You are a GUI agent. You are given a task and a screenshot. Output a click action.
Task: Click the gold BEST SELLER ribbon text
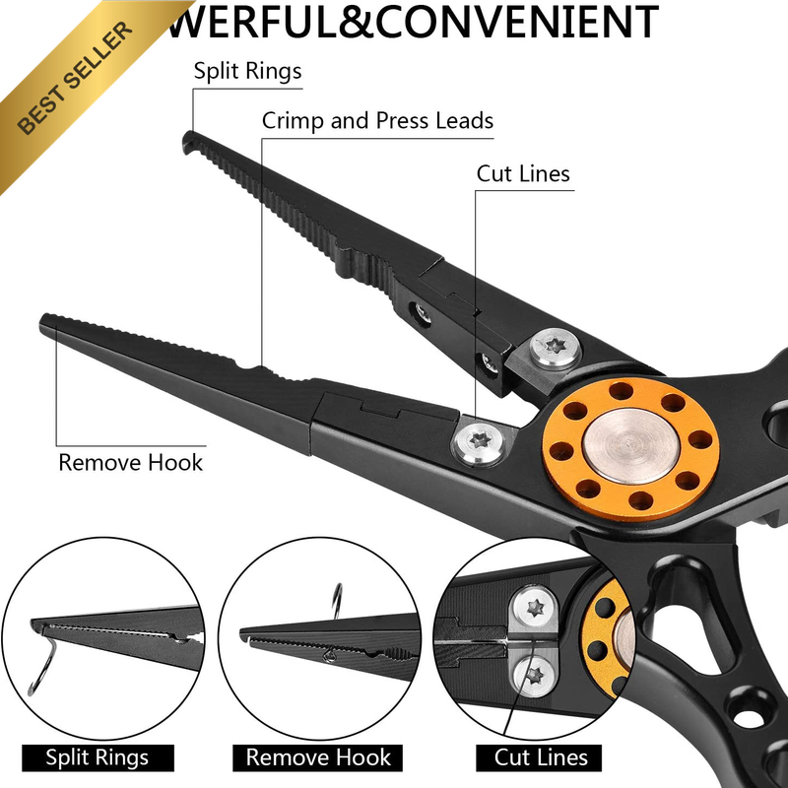[x=76, y=78]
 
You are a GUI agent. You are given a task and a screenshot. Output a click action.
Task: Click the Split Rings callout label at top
[x=248, y=71]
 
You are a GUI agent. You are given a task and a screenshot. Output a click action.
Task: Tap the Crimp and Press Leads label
[x=377, y=121]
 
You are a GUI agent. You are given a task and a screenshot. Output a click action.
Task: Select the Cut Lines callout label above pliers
[x=523, y=174]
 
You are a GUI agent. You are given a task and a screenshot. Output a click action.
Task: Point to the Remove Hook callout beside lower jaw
[x=131, y=462]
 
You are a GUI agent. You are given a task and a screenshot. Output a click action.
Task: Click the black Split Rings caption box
[x=98, y=757]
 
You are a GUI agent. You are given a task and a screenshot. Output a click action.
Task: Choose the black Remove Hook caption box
[x=317, y=757]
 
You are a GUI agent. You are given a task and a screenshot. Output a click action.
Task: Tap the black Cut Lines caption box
[x=539, y=757]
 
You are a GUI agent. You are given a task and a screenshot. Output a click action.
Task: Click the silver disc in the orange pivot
[x=631, y=446]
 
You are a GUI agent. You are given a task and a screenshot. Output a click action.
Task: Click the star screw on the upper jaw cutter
[x=556, y=347]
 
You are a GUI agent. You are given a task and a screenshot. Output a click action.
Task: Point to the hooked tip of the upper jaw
[x=188, y=142]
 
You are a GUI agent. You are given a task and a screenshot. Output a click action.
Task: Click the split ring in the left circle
[x=42, y=664]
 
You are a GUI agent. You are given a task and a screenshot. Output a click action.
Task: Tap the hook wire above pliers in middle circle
[x=338, y=601]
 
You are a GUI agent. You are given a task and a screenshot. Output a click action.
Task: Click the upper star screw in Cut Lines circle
[x=535, y=608]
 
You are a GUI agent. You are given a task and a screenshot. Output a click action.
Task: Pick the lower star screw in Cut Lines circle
[x=535, y=676]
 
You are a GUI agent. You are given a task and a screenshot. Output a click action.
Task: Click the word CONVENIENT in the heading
[x=517, y=21]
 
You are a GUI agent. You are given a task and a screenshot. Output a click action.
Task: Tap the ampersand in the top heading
[x=356, y=21]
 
